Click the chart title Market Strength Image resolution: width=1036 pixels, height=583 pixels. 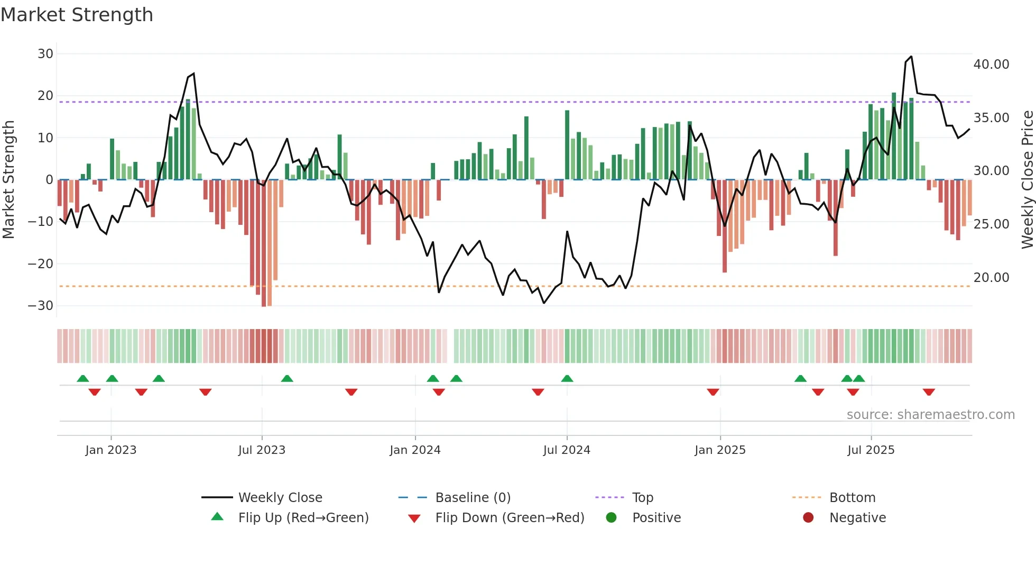(x=77, y=15)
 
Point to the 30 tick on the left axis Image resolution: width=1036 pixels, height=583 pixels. (x=45, y=53)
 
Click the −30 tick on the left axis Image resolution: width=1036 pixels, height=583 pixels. (x=41, y=305)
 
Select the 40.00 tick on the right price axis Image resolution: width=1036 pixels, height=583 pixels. (x=991, y=65)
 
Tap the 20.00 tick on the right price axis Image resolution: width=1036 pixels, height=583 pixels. (x=991, y=277)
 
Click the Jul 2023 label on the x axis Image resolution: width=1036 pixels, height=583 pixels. (x=262, y=450)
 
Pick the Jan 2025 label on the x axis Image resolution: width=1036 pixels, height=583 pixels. (x=720, y=450)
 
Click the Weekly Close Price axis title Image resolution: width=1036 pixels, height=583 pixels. (x=1027, y=179)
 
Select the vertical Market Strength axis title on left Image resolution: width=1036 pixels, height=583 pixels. (x=8, y=179)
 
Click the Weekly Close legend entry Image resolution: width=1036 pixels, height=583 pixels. (x=280, y=497)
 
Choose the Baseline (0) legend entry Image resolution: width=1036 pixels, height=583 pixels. (x=473, y=497)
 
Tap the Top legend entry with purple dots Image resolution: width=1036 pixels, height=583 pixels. (x=642, y=497)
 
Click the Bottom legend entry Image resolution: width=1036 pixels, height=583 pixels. (x=852, y=497)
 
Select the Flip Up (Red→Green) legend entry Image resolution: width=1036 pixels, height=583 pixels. (x=303, y=517)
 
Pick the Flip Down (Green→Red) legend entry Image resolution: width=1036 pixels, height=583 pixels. (x=510, y=517)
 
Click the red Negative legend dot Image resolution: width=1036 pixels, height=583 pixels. (x=808, y=517)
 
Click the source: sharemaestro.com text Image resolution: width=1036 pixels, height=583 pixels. (x=930, y=414)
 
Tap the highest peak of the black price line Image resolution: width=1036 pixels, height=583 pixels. (x=911, y=57)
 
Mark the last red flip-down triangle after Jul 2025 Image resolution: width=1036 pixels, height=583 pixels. (x=929, y=392)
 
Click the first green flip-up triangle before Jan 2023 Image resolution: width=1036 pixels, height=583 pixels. (x=83, y=378)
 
